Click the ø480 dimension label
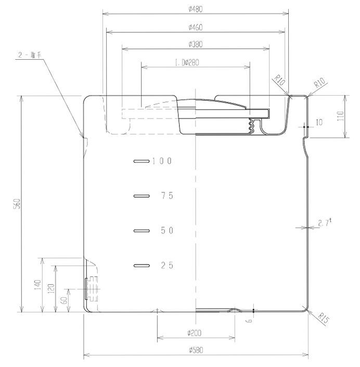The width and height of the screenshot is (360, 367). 195,9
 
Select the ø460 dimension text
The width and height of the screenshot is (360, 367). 195,27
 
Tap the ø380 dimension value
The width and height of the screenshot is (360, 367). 195,44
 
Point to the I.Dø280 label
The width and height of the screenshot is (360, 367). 187,62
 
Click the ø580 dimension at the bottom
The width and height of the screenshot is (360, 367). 196,350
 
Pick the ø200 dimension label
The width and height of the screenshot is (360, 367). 194,333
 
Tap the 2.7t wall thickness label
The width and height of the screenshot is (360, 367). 325,222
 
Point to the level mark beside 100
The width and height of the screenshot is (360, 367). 142,161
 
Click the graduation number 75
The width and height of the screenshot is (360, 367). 167,195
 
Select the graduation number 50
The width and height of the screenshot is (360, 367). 167,231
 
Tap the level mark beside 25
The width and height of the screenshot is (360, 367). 142,266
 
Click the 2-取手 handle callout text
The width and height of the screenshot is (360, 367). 30,55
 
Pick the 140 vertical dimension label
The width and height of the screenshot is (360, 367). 38,285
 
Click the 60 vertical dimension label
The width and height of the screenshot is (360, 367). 65,300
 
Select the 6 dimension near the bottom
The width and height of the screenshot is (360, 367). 250,320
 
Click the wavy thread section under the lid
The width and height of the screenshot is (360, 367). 251,126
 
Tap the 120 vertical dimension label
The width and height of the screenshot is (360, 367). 52,289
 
